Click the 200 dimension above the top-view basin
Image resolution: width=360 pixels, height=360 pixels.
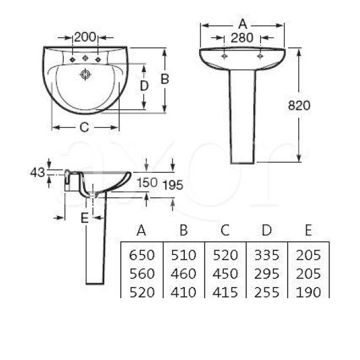coord(85,37)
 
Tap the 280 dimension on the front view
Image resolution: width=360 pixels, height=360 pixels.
coord(242,38)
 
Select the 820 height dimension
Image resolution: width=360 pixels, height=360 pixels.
coord(299,106)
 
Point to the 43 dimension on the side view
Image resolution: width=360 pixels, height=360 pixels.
coord(37,172)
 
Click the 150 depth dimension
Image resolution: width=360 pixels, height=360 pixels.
coord(147,183)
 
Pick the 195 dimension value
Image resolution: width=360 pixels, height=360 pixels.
coord(173,185)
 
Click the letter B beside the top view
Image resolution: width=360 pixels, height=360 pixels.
coord(165,79)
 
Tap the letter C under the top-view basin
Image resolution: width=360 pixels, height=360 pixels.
coord(84,127)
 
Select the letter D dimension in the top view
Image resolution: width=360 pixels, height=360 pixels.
coord(144,86)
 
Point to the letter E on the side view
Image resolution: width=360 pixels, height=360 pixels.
coord(85,218)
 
